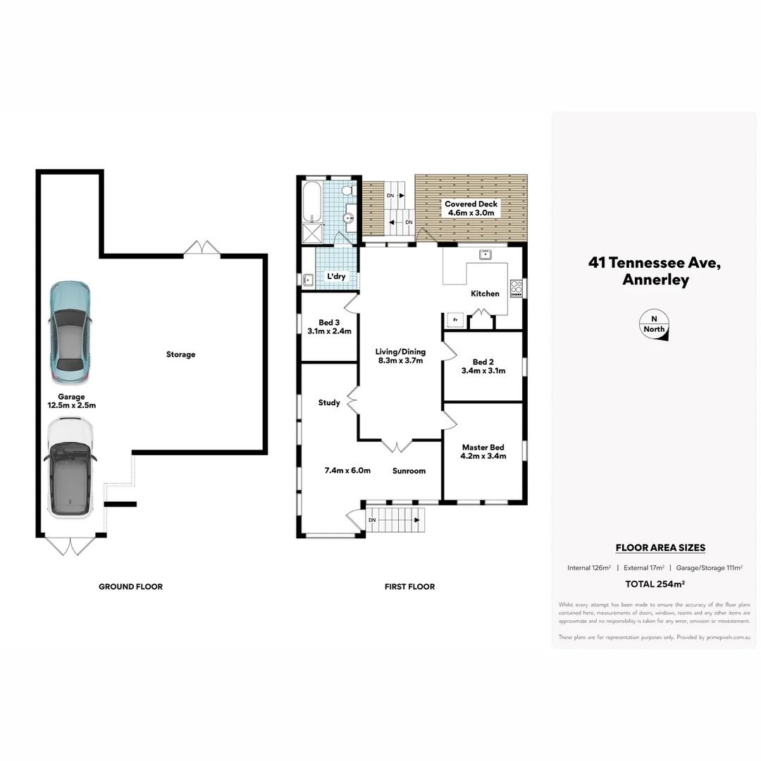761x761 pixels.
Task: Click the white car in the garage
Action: click(69, 466)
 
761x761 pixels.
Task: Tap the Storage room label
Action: click(180, 354)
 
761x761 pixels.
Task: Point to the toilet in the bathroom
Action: click(348, 191)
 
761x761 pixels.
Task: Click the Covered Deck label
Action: click(471, 208)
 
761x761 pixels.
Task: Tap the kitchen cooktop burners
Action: click(516, 288)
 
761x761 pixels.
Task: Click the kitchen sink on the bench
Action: click(485, 254)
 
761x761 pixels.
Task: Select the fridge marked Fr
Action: click(455, 321)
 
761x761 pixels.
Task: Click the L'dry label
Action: click(336, 277)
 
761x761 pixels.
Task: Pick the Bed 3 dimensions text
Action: click(329, 331)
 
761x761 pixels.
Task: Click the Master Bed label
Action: click(483, 452)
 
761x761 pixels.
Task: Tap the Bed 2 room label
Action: click(483, 366)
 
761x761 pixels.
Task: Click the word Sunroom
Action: click(409, 471)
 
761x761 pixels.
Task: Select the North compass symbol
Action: click(654, 325)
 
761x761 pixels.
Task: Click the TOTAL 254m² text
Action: click(655, 583)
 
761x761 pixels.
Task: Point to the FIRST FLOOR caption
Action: click(409, 586)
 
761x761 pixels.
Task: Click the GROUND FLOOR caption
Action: click(130, 586)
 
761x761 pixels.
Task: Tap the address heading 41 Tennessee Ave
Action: click(655, 263)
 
